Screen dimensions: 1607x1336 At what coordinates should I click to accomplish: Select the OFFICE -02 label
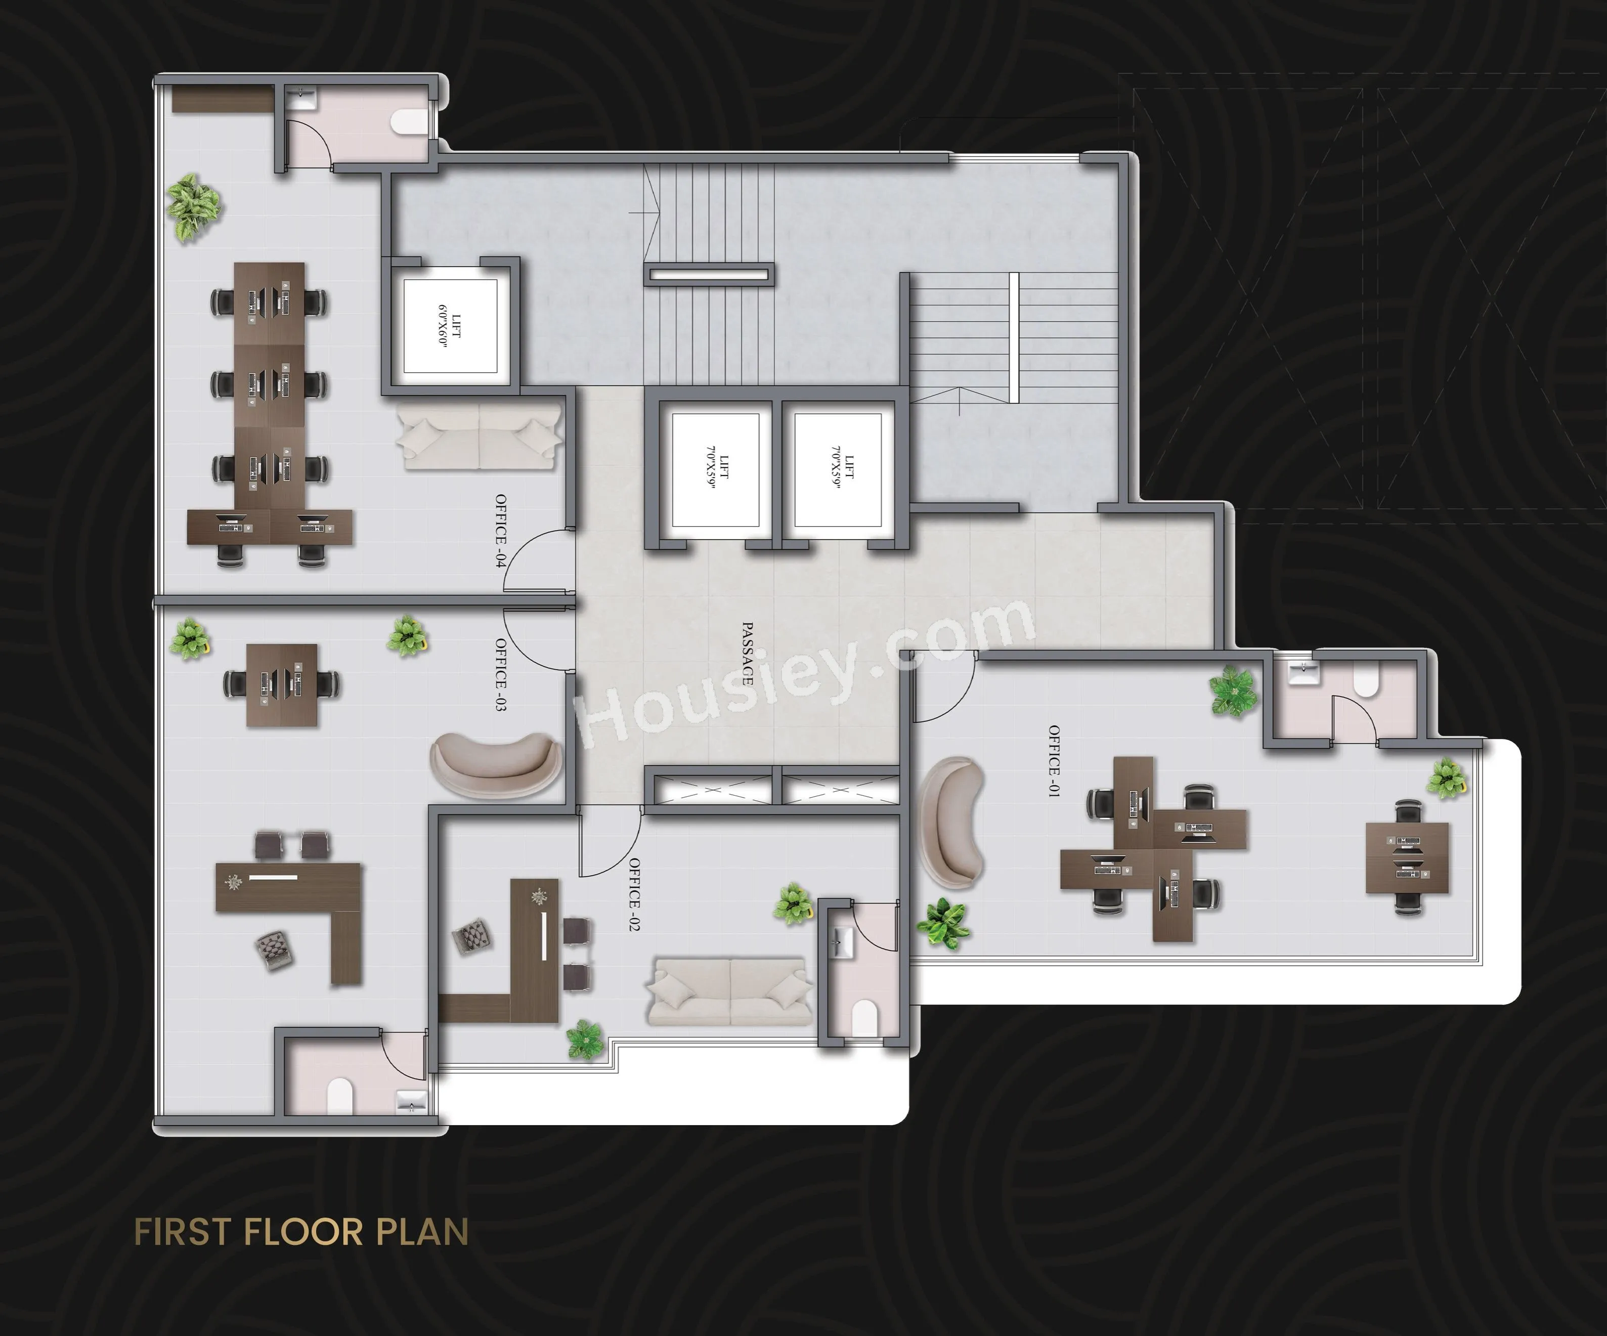[x=634, y=894]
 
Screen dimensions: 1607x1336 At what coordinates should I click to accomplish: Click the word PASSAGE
[x=748, y=654]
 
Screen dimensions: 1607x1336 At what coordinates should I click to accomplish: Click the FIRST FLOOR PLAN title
[x=301, y=1232]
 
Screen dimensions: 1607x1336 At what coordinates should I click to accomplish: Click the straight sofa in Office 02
[x=730, y=991]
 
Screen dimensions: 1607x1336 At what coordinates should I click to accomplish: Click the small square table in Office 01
[x=1408, y=858]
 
